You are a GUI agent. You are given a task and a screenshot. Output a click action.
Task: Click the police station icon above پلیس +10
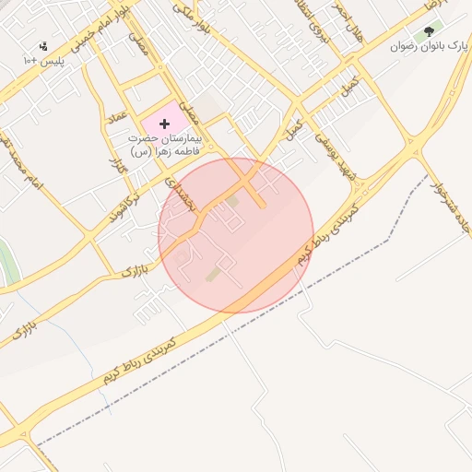pos(43,46)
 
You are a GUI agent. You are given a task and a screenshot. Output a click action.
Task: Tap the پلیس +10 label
pos(43,60)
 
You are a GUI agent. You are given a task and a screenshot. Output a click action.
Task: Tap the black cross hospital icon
pos(165,124)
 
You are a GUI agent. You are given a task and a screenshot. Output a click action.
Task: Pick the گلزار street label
pos(116,170)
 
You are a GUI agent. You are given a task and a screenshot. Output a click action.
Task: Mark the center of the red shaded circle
pos(236,235)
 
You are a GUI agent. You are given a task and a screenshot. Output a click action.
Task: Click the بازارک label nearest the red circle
pos(134,270)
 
